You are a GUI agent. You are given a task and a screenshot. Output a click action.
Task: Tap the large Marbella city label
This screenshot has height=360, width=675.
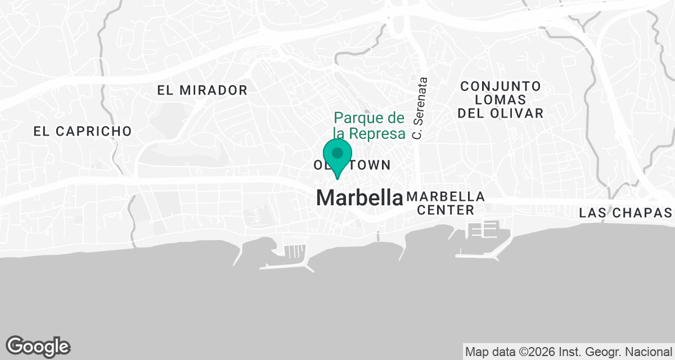click(x=359, y=197)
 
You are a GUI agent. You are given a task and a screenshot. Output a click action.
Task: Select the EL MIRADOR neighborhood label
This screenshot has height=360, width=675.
click(x=202, y=90)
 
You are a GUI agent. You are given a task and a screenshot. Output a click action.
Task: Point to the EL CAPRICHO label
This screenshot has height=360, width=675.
click(x=82, y=132)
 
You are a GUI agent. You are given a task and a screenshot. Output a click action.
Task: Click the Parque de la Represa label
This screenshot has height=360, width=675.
click(x=369, y=126)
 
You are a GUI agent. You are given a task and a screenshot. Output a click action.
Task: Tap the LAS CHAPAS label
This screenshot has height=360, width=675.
click(x=625, y=213)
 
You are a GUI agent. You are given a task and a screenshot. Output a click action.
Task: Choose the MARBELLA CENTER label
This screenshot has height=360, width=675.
click(x=444, y=204)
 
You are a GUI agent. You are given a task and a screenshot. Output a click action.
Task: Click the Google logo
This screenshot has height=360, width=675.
click(x=38, y=346)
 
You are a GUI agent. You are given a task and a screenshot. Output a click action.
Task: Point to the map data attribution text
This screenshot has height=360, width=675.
click(x=568, y=352)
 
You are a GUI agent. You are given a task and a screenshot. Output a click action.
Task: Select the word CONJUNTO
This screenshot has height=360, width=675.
click(x=501, y=87)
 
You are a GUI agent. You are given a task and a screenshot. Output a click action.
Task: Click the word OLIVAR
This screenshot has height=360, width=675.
click(x=516, y=114)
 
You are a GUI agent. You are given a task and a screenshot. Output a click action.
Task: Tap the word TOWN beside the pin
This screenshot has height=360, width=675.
click(x=371, y=165)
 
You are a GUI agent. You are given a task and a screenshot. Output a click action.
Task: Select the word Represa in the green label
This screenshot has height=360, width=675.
click(x=377, y=133)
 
